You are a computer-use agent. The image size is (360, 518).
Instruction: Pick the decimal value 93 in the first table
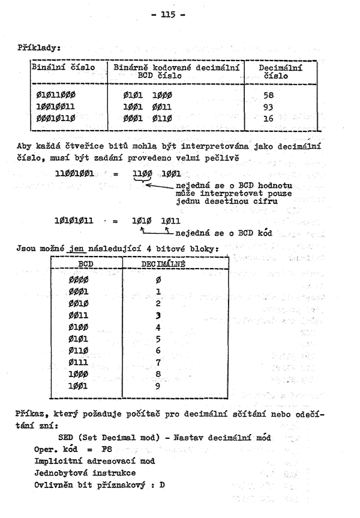click(x=267, y=107)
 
